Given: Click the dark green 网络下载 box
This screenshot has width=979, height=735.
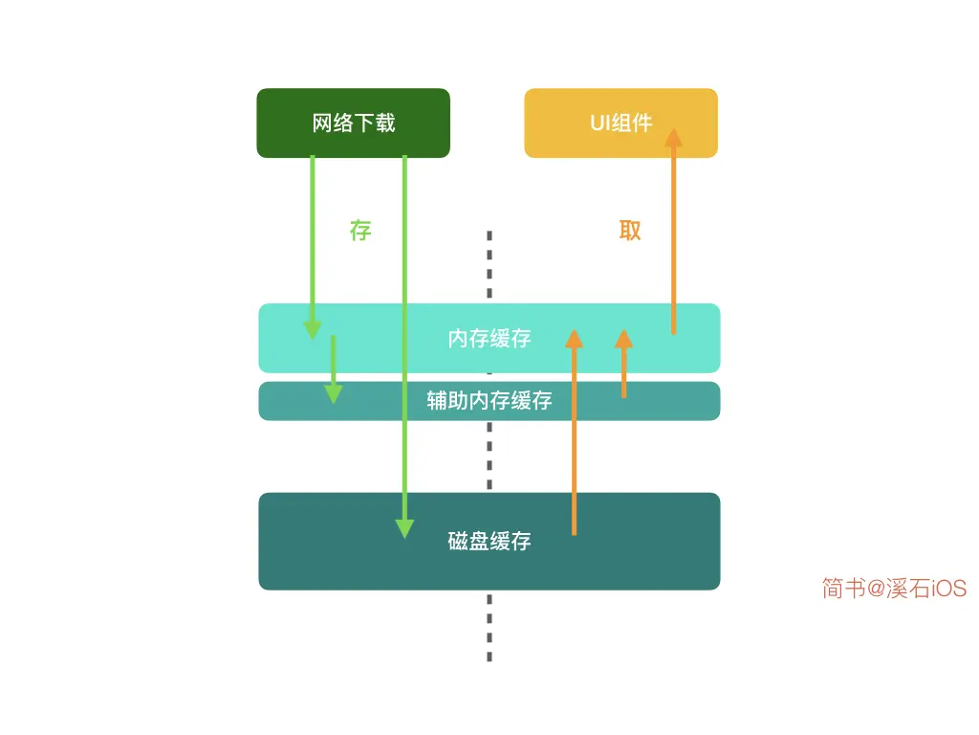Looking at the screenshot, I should [353, 122].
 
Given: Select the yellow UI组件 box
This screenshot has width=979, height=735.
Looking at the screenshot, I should [620, 122].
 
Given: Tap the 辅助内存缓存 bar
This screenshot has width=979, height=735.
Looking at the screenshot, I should [489, 400].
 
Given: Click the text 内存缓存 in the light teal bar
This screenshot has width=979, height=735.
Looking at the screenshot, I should [489, 338].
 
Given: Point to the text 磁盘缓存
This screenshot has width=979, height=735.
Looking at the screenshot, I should [489, 542].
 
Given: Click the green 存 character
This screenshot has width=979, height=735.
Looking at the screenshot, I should [359, 231].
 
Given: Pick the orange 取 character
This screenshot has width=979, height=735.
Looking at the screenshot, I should [629, 231].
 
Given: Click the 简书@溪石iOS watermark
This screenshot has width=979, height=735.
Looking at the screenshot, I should [894, 588].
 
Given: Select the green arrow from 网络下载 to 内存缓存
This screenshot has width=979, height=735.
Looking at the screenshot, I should [313, 239].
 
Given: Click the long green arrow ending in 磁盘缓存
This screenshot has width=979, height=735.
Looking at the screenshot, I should [404, 335].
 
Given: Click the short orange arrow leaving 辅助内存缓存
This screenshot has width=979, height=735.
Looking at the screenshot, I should [623, 368].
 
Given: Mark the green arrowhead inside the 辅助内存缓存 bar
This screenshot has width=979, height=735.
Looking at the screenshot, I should [333, 393].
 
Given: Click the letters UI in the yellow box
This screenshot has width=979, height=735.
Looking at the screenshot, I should [600, 123].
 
